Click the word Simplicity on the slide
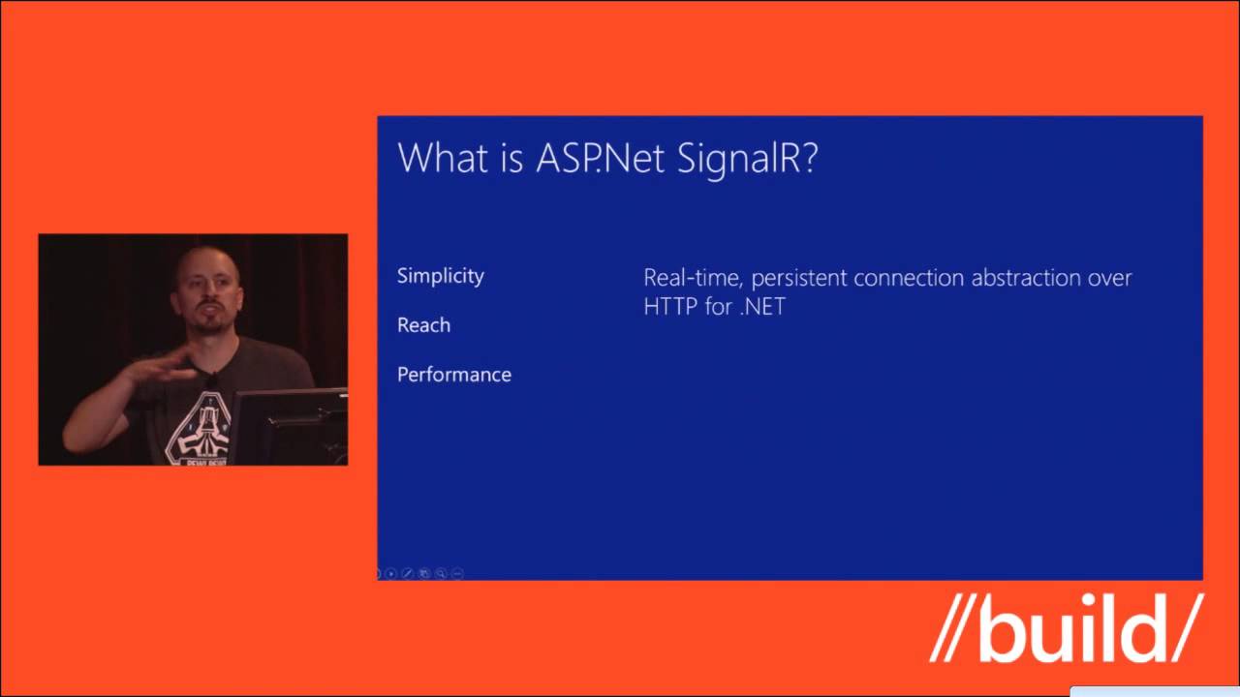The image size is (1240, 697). [x=440, y=276]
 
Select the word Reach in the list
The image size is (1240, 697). [x=423, y=325]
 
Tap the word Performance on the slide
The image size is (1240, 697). [x=453, y=375]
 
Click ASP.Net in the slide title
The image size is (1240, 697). [x=601, y=158]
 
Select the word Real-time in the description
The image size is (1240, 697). [x=693, y=278]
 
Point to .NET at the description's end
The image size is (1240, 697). [x=760, y=308]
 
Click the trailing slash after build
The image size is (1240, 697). [x=1184, y=630]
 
